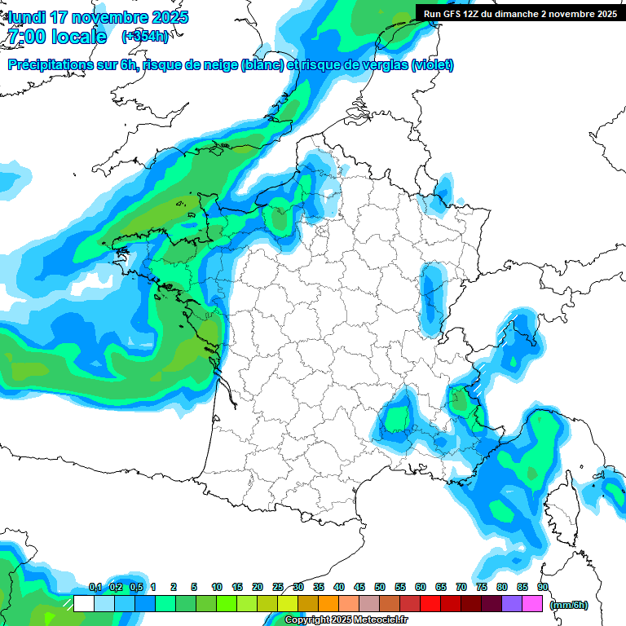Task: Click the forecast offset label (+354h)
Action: point(146,36)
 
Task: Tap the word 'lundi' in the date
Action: point(27,17)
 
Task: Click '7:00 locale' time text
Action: point(56,36)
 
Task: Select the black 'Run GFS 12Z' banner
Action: point(519,13)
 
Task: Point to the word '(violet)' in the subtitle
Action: point(433,65)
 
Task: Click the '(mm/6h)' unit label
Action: point(569,604)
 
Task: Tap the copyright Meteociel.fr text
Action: point(346,619)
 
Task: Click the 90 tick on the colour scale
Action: point(543,587)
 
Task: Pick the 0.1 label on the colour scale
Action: point(95,587)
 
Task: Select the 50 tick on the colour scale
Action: point(380,587)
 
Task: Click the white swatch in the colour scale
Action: point(83,603)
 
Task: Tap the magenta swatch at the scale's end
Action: point(532,603)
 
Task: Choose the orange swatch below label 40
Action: point(328,603)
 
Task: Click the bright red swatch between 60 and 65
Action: point(430,603)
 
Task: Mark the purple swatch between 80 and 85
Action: point(512,603)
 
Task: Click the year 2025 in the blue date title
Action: point(170,17)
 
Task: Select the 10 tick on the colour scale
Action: point(217,587)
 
